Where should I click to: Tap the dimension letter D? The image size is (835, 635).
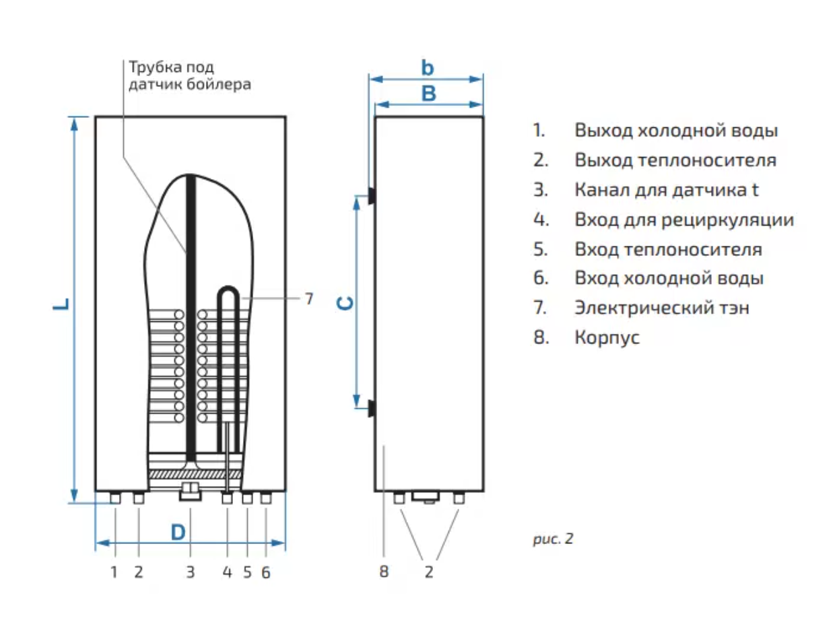pyautogui.click(x=177, y=533)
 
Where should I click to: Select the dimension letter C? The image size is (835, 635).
pyautogui.click(x=345, y=303)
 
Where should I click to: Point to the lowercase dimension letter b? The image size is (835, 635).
pyautogui.click(x=428, y=67)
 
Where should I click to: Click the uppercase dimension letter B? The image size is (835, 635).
pyautogui.click(x=428, y=94)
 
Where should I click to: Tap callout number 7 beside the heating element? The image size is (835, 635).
pyautogui.click(x=308, y=298)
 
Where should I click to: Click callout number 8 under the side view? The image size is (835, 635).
pyautogui.click(x=383, y=572)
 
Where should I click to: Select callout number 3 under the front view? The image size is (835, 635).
pyautogui.click(x=191, y=572)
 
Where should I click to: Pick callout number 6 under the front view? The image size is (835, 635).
pyautogui.click(x=265, y=572)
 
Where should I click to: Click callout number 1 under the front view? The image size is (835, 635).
pyautogui.click(x=114, y=572)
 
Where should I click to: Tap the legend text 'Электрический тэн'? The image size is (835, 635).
pyautogui.click(x=661, y=308)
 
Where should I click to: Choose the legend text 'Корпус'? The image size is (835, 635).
pyautogui.click(x=607, y=337)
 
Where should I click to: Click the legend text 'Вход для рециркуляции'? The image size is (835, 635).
pyautogui.click(x=683, y=220)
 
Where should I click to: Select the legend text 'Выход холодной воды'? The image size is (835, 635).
pyautogui.click(x=676, y=130)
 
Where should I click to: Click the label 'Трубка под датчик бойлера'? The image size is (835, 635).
pyautogui.click(x=189, y=76)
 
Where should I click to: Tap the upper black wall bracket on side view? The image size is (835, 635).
pyautogui.click(x=370, y=195)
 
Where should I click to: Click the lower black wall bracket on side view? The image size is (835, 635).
pyautogui.click(x=370, y=407)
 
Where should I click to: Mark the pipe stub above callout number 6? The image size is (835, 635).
pyautogui.click(x=265, y=498)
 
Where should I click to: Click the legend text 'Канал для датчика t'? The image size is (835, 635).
pyautogui.click(x=666, y=190)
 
